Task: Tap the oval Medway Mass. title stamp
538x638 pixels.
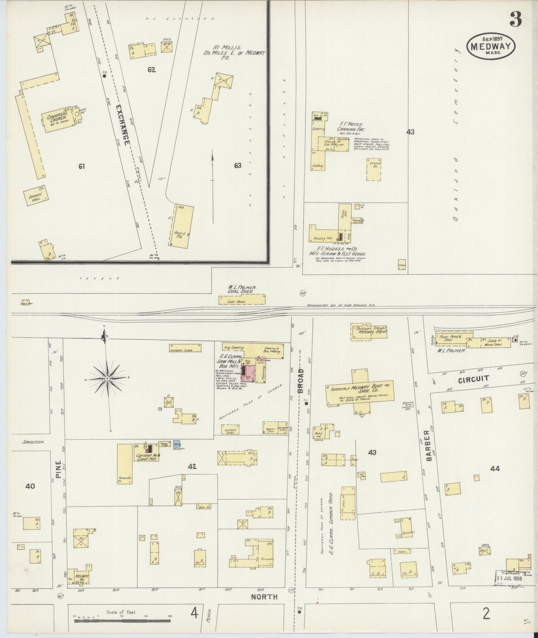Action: tap(491, 45)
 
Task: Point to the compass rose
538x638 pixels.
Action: tap(107, 378)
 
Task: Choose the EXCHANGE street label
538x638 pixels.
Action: tap(122, 124)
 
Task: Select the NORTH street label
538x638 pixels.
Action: tap(264, 596)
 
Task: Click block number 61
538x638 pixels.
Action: tap(82, 166)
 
